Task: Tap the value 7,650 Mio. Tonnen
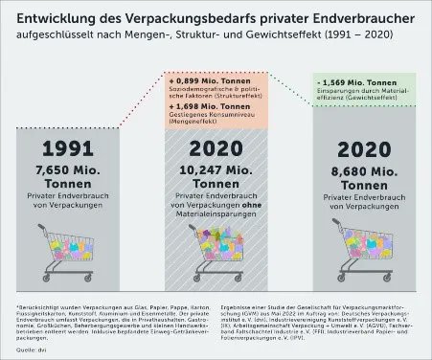tap(70, 174)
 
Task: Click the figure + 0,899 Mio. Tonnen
tap(202, 75)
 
